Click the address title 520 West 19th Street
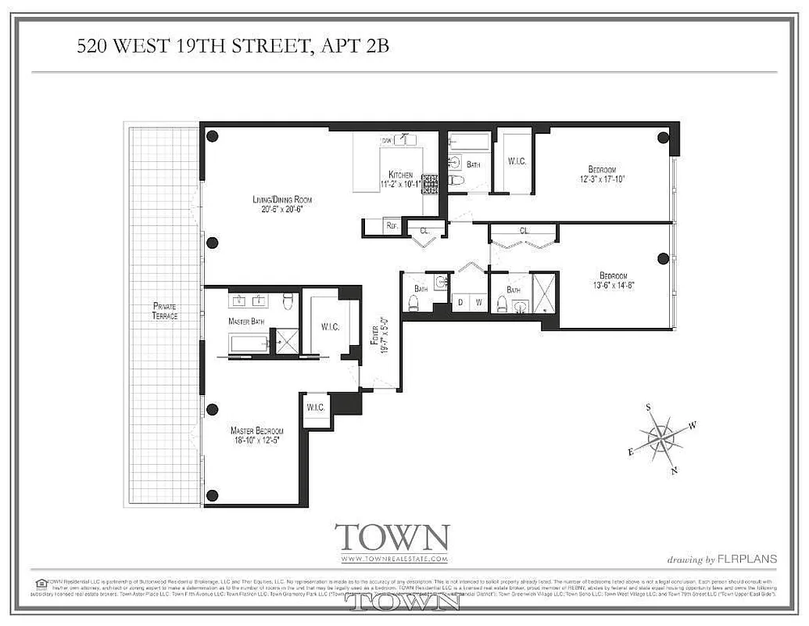click(x=233, y=47)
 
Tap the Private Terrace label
click(x=165, y=311)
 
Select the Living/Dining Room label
click(x=282, y=205)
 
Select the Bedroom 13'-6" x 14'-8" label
click(x=614, y=281)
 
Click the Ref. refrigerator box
click(x=392, y=226)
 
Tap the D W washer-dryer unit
click(x=469, y=301)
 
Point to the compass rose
click(x=661, y=438)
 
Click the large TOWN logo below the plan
click(x=392, y=538)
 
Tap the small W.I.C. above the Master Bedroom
click(x=316, y=407)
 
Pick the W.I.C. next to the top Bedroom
click(x=517, y=162)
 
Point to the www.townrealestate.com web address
click(x=394, y=559)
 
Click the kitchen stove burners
click(x=429, y=182)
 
